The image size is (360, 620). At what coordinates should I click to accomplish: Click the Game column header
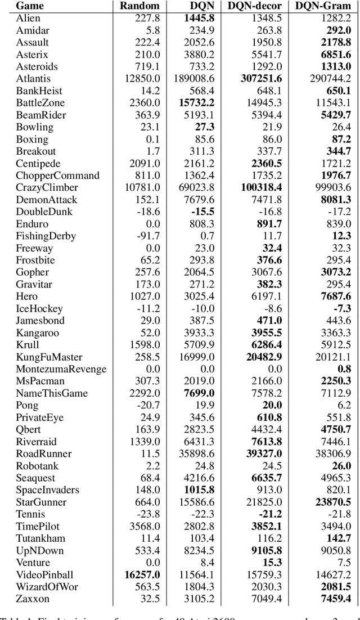point(31,6)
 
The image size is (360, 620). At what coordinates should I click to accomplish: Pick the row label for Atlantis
point(34,79)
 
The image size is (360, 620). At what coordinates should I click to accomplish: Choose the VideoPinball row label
point(44,574)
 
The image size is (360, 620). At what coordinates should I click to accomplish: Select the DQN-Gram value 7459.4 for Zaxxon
point(334,599)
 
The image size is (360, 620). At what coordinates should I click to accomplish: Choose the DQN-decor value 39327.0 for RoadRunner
point(261,453)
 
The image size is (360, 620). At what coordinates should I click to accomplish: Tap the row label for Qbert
point(29,429)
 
